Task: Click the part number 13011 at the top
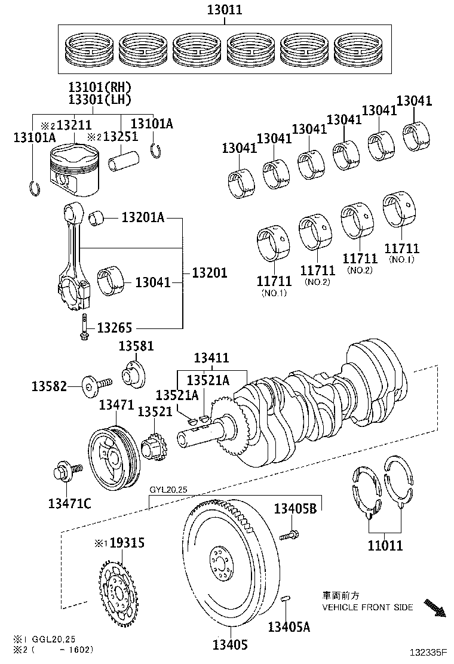[x=225, y=10]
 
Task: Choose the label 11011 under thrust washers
[x=385, y=545]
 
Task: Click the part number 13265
[x=114, y=328]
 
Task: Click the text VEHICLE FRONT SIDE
[x=367, y=607]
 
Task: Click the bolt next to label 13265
[x=84, y=327]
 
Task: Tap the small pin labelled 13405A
[x=287, y=598]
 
